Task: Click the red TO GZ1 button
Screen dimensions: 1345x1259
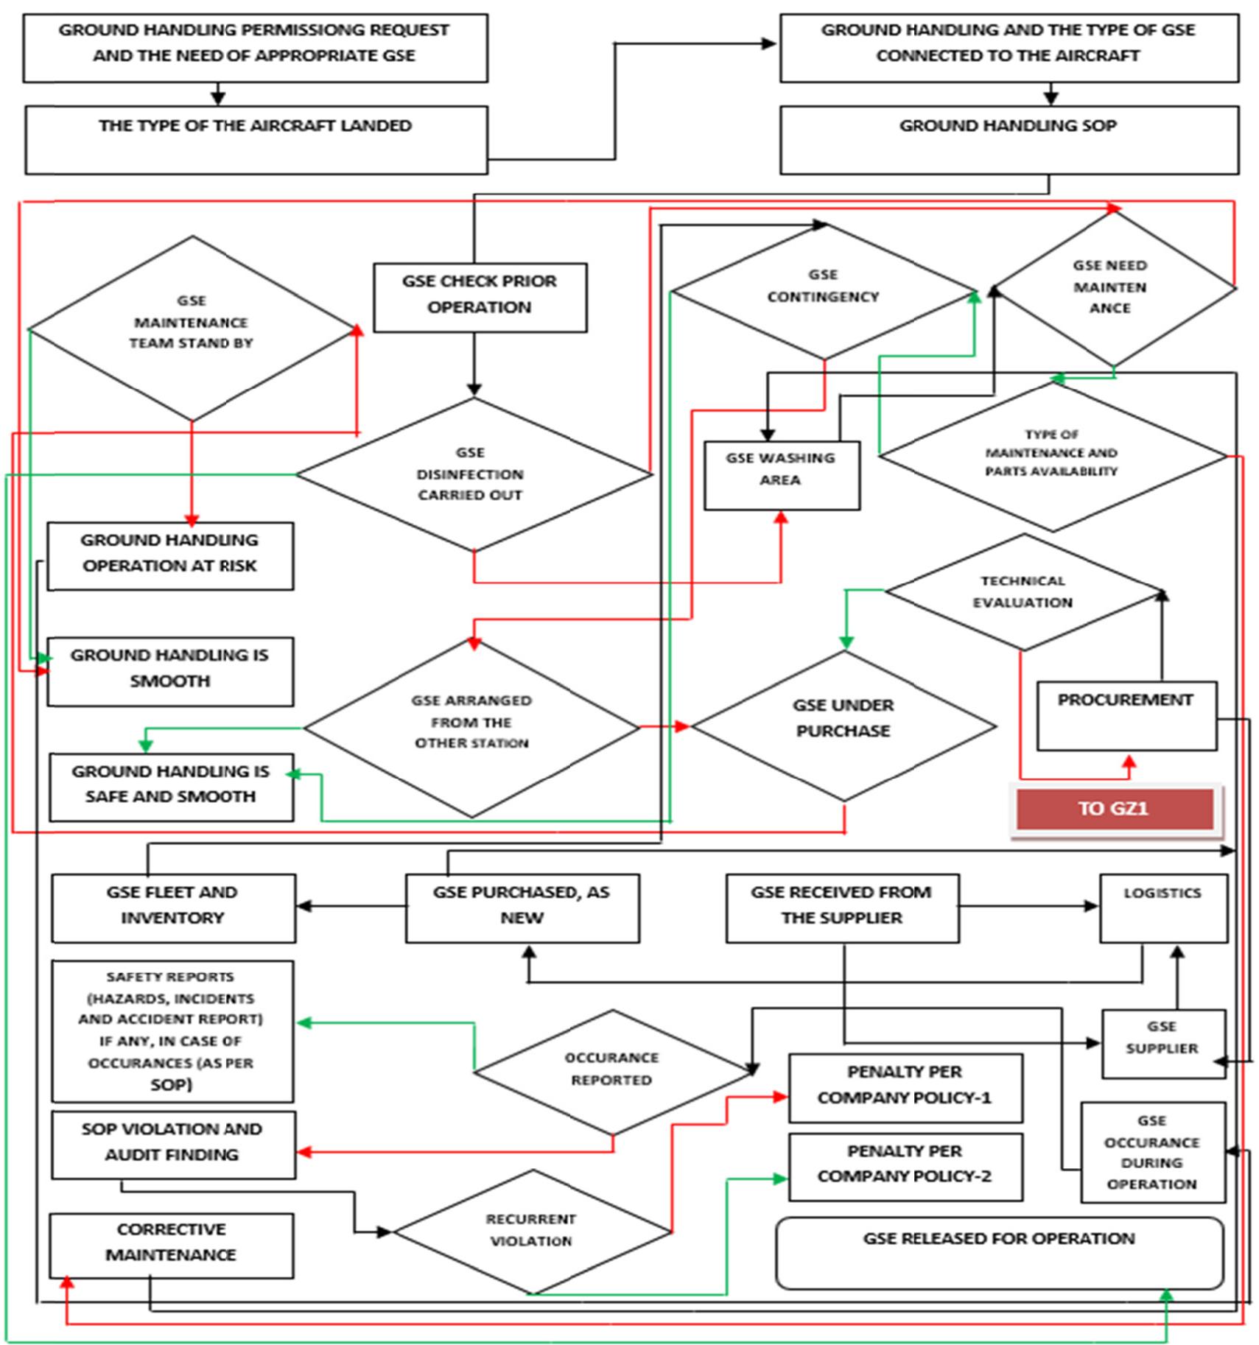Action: tap(1113, 808)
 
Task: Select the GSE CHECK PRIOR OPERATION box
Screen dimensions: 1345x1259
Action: tap(480, 296)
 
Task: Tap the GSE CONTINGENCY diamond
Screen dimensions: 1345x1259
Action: tap(824, 291)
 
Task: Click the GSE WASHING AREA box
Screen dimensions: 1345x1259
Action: tap(781, 474)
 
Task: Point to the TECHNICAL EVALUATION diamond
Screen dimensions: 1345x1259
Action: tap(1023, 591)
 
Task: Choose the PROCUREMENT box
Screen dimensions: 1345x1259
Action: tap(1126, 714)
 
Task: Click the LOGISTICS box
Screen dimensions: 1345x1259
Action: tap(1162, 907)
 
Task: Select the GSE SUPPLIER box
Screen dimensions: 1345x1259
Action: tap(1162, 1043)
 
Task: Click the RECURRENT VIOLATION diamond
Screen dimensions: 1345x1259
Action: tap(531, 1230)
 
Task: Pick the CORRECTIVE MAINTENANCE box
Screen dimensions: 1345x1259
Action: tap(171, 1245)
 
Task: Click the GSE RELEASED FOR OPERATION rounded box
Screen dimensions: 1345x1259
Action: tap(999, 1252)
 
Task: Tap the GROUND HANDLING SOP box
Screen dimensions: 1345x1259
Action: tap(1009, 140)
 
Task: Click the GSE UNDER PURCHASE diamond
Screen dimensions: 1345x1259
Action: tap(843, 726)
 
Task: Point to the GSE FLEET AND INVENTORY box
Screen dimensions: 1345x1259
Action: tap(172, 907)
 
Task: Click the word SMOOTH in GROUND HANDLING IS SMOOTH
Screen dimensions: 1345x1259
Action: tap(170, 681)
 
